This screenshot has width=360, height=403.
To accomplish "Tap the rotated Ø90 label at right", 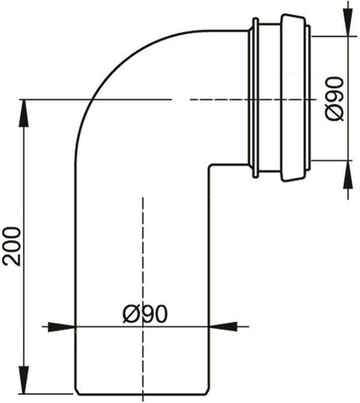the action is point(335,99).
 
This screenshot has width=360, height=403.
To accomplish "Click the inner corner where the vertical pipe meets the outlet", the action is point(210,164).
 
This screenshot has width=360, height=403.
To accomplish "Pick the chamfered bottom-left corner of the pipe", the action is point(75,391).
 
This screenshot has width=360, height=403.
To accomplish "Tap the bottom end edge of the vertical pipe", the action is point(143,394).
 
